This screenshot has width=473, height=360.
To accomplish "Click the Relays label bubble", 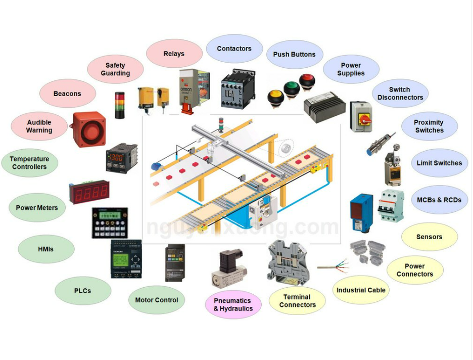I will pos(174,54).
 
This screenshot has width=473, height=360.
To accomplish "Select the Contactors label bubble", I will pos(234,49).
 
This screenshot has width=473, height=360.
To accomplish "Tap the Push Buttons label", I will pos(294,55).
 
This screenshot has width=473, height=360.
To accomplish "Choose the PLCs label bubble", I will pos(82,291).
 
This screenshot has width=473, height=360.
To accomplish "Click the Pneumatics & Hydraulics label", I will pos(233,305).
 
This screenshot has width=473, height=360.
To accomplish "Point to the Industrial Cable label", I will pos(361,290).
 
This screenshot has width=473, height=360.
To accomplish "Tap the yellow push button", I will pos(276,96).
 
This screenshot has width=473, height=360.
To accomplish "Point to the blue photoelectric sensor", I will pos(361,207).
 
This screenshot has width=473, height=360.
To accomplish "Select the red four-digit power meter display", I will pos(90,192).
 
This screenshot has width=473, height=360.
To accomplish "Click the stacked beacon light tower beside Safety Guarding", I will pos(120,105).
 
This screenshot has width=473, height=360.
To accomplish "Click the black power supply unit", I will pos(324,107).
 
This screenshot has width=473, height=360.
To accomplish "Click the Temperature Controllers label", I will pos(29,163).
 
